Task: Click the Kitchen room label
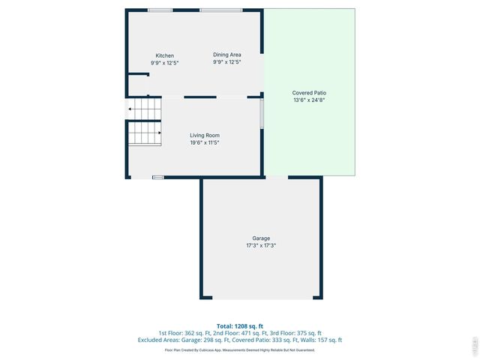point(164,55)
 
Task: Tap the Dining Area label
point(226,55)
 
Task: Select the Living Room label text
point(204,135)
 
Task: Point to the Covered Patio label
point(309,93)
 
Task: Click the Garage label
point(261,238)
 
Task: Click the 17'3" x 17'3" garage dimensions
point(261,245)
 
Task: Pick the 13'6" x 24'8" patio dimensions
point(309,100)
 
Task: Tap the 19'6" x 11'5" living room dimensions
point(204,142)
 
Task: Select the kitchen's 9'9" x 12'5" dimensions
point(164,62)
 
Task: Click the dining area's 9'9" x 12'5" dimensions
point(226,62)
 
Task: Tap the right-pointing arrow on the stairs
point(158,133)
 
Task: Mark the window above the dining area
point(220,10)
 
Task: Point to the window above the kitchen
point(158,10)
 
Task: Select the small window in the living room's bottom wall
point(157,177)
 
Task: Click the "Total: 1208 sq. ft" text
point(240,325)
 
